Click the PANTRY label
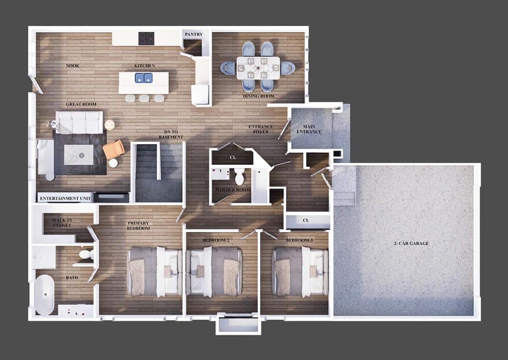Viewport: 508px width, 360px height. click(194, 34)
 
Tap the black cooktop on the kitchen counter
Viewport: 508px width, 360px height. click(146, 39)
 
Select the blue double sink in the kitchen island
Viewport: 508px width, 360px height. click(144, 78)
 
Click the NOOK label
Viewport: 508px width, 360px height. click(73, 66)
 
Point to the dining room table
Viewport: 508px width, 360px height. click(258, 68)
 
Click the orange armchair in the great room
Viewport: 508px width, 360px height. click(114, 149)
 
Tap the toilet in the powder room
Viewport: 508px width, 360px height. click(240, 176)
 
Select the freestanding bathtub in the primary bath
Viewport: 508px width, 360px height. click(45, 295)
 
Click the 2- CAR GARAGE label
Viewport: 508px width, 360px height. click(411, 243)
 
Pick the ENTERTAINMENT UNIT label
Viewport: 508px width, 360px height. click(65, 199)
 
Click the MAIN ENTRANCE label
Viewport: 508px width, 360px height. click(309, 129)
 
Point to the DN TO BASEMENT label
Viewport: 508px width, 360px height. click(171, 135)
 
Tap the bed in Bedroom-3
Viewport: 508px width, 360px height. click(300, 272)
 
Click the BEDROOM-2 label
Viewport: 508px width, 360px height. click(216, 240)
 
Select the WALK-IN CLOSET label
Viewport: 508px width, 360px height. click(62, 223)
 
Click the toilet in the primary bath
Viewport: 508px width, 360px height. click(85, 254)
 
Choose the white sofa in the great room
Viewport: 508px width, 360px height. click(79, 122)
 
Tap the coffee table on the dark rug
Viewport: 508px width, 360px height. click(79, 155)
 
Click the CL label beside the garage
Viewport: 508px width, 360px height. click(306, 220)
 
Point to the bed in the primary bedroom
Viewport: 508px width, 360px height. click(155, 272)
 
